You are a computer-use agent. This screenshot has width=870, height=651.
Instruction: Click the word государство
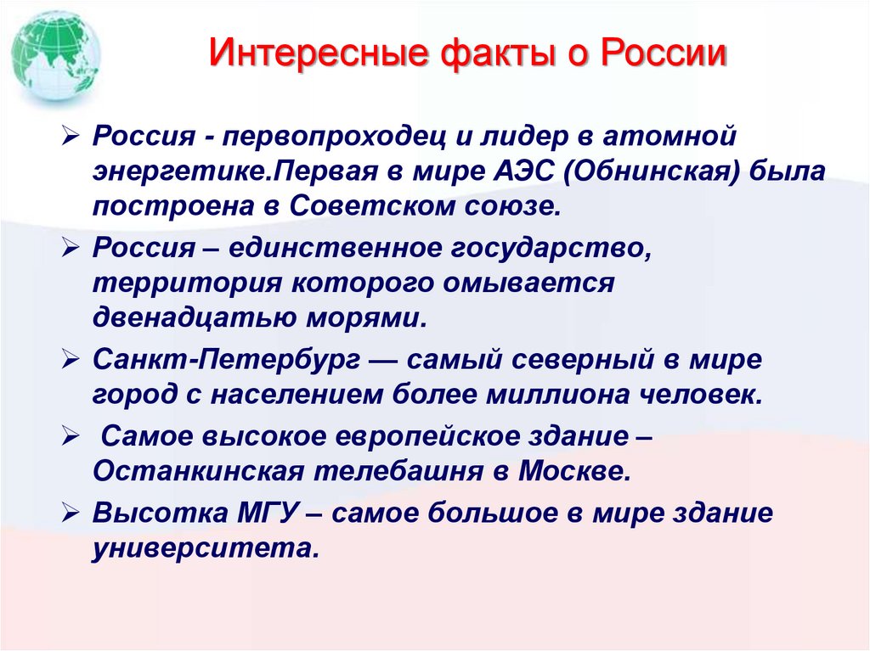click(x=561, y=249)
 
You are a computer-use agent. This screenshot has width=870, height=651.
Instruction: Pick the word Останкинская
click(x=184, y=472)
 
